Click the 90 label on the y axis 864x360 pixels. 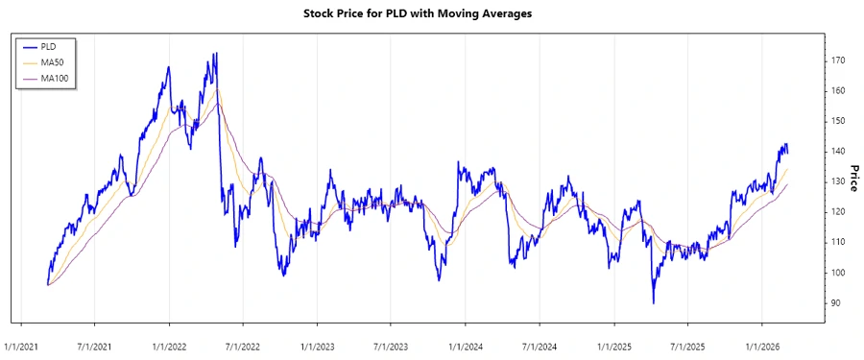[838, 303]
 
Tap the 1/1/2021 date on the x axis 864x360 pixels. [22, 342]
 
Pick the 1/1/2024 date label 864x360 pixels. [467, 342]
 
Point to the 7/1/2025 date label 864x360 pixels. [687, 342]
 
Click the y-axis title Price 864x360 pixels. [853, 179]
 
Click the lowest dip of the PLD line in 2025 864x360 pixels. [654, 303]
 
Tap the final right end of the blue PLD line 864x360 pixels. [788, 152]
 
